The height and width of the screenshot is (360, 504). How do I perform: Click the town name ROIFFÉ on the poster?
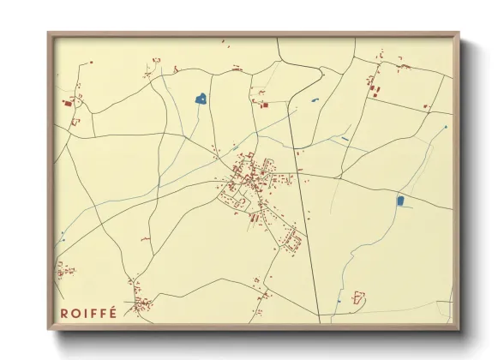pos(88,312)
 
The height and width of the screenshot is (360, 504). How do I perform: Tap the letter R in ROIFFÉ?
pos(64,312)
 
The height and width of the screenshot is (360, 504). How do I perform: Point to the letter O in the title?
pos(75,312)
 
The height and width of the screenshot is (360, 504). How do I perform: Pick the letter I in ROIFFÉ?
pos(85,312)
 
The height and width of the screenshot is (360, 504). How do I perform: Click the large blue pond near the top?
pos(201,99)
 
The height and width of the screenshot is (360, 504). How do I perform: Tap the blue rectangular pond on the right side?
pos(400,201)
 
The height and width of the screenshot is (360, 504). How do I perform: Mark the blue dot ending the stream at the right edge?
pos(445,126)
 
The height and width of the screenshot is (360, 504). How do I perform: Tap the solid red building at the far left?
pos(68,103)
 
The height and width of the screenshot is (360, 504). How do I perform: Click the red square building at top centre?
pos(264,105)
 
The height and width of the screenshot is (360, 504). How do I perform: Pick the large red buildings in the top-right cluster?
pos(373,86)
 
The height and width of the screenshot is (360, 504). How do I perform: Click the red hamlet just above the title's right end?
pos(140,302)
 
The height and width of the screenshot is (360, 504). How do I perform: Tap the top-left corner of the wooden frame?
pos(49,34)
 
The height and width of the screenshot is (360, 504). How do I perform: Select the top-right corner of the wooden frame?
pos(458,34)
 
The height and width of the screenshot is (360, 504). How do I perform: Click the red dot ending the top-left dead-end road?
pos(157,61)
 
